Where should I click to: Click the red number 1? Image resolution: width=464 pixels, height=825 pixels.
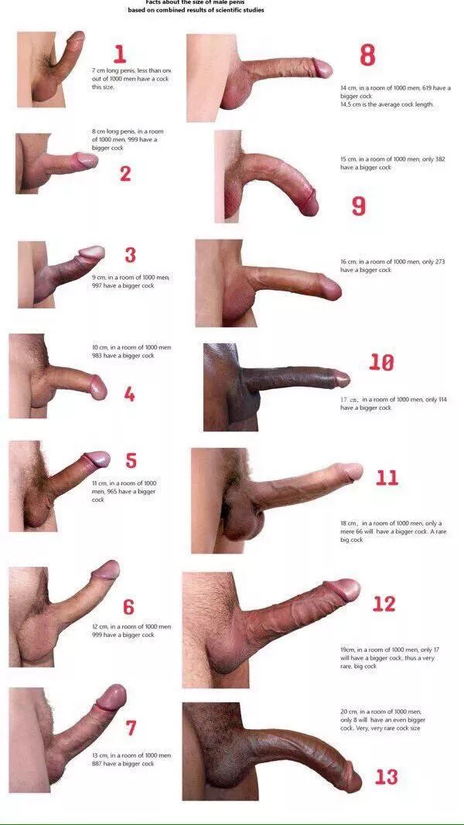tap(120, 53)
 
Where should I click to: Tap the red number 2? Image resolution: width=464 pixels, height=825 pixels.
tap(125, 174)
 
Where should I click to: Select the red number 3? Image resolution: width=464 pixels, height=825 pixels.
tap(130, 254)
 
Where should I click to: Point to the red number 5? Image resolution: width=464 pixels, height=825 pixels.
tap(131, 461)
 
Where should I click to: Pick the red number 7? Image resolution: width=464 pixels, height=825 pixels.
tap(131, 728)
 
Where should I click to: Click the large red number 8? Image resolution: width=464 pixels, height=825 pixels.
tap(367, 55)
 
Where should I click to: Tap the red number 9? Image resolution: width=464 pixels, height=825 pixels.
tap(359, 206)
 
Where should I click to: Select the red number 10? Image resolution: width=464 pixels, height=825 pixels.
tap(381, 362)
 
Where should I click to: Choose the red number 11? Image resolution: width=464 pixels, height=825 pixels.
tap(387, 477)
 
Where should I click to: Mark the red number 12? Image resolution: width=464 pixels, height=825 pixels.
tap(384, 604)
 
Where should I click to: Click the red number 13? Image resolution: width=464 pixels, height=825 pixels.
tap(387, 776)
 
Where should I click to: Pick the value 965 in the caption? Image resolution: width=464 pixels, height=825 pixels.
tap(118, 492)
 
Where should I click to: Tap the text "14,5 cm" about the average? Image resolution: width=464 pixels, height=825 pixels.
tap(352, 104)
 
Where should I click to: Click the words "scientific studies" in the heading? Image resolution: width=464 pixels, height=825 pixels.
tap(241, 10)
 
